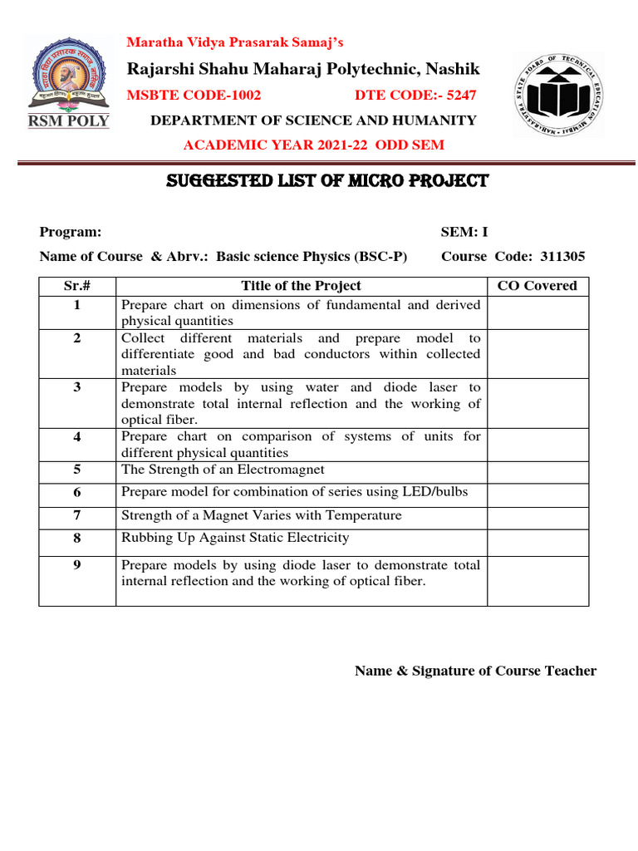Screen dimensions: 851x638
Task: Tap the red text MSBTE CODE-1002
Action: click(193, 95)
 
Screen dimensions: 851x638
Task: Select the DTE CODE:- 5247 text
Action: click(415, 95)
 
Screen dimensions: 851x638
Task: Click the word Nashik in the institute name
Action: click(455, 68)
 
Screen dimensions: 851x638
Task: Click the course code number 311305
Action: click(562, 257)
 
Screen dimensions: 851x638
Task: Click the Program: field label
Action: click(71, 233)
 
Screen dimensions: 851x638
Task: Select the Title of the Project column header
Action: click(301, 286)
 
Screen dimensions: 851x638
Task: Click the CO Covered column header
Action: click(537, 286)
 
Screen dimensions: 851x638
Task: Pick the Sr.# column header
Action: click(76, 286)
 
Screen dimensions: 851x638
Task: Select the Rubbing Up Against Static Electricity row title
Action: click(235, 539)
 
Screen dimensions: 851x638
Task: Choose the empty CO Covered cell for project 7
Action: click(537, 516)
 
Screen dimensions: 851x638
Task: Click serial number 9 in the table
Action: click(76, 566)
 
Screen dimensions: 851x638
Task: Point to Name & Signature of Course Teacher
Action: click(475, 671)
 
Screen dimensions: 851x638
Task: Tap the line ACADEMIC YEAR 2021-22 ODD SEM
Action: click(313, 145)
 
